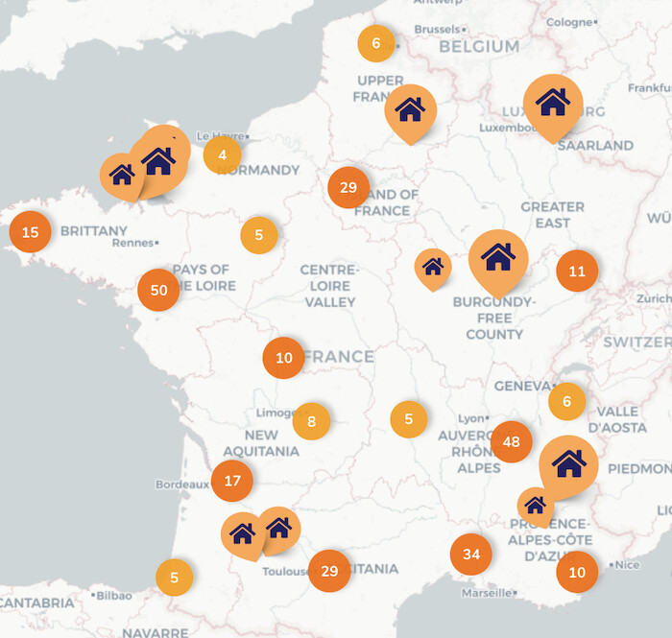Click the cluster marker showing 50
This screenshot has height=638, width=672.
158,290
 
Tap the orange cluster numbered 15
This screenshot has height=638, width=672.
30,231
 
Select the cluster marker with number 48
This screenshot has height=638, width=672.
511,441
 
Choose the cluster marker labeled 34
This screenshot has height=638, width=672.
470,555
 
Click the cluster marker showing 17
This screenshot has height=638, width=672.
232,481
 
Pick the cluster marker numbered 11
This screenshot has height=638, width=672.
577,271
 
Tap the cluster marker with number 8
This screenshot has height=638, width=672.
311,421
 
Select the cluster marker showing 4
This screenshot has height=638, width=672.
223,154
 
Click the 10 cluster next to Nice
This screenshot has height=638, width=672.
577,572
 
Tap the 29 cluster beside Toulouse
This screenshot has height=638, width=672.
329,571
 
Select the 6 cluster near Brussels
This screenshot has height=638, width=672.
376,43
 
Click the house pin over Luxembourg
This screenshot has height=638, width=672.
553,102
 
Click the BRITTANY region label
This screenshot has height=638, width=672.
93,231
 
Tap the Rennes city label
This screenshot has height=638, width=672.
132,243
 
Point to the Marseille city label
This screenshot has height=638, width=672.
486,593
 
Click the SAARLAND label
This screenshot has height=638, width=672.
595,146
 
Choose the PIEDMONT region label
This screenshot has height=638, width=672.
639,468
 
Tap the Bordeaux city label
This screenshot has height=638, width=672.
181,484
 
